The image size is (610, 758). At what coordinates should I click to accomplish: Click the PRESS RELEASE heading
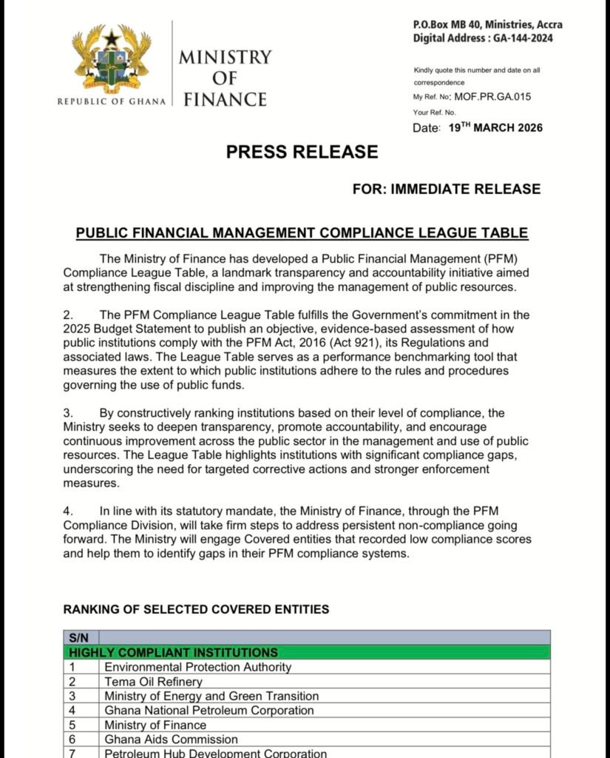[x=302, y=152]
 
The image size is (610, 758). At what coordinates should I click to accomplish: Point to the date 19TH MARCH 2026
[x=495, y=128]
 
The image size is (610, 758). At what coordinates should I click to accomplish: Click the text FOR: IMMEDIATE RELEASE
[x=447, y=189]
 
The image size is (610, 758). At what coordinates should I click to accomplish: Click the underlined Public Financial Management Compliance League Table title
[x=302, y=233]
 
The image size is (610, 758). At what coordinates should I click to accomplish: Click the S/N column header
[x=78, y=637]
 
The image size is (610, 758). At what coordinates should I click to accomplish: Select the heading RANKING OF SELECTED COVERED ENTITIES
[x=196, y=609]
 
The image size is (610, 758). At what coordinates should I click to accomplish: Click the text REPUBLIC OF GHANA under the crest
[x=112, y=101]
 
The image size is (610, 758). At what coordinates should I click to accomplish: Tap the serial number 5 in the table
[x=72, y=725]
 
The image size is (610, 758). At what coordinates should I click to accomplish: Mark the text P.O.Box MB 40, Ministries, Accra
[x=487, y=24]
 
